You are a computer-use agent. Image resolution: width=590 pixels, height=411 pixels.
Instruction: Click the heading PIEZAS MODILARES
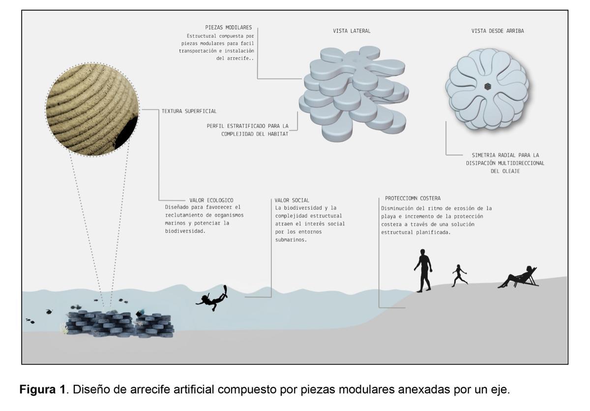[x=229, y=28]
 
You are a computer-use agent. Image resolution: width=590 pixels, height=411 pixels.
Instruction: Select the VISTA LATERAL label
[x=352, y=31]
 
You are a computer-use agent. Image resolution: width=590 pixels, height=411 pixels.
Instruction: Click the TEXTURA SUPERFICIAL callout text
[x=189, y=112]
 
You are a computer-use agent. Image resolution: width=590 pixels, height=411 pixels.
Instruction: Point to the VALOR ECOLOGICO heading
[x=211, y=200]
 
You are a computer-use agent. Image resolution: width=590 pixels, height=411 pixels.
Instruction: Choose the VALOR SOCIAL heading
[x=292, y=200]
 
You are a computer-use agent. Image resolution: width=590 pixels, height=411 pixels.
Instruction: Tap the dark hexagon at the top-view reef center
[x=487, y=87]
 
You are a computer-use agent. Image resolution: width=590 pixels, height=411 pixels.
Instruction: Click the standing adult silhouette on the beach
[x=423, y=270]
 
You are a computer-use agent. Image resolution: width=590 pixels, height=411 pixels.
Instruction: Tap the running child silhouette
[x=459, y=275]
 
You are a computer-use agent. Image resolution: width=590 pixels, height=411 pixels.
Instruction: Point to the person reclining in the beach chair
[x=519, y=278]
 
